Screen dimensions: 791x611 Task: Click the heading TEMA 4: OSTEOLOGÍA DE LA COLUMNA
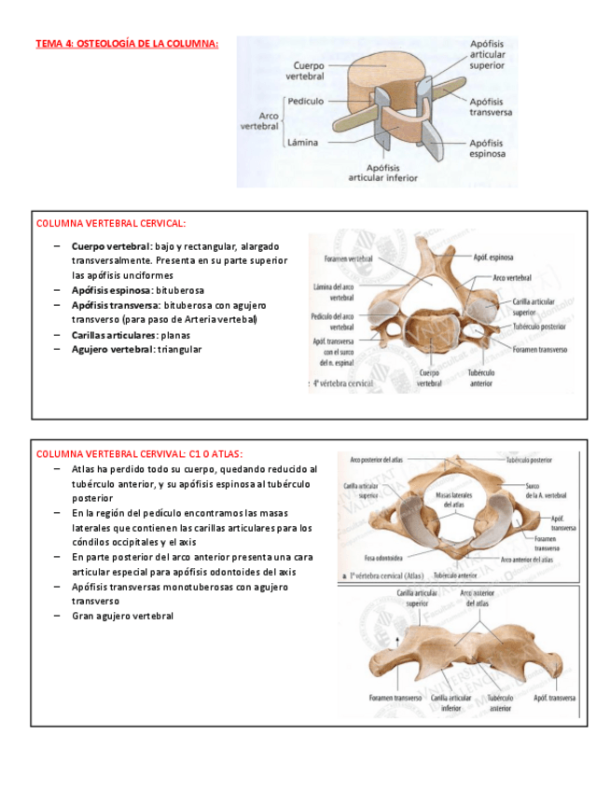pos(127,43)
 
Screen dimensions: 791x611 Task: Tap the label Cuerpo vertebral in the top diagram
pos(309,71)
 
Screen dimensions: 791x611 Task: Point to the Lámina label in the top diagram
pos(303,143)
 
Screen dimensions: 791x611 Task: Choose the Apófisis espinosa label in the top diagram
pos(487,149)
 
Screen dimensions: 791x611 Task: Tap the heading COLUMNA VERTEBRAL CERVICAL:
pos(110,224)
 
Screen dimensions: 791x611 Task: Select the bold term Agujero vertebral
pos(111,349)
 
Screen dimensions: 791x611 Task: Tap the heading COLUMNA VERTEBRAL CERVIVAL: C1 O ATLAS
pos(139,453)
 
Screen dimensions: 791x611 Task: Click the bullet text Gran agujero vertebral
pos(122,616)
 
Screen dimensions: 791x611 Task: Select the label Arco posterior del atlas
pos(377,460)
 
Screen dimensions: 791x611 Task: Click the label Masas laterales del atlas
pos(455,498)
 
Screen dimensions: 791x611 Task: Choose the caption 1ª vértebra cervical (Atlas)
pos(386,576)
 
